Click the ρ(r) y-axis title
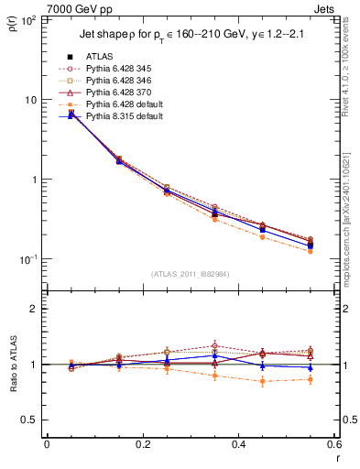point(12,20)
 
